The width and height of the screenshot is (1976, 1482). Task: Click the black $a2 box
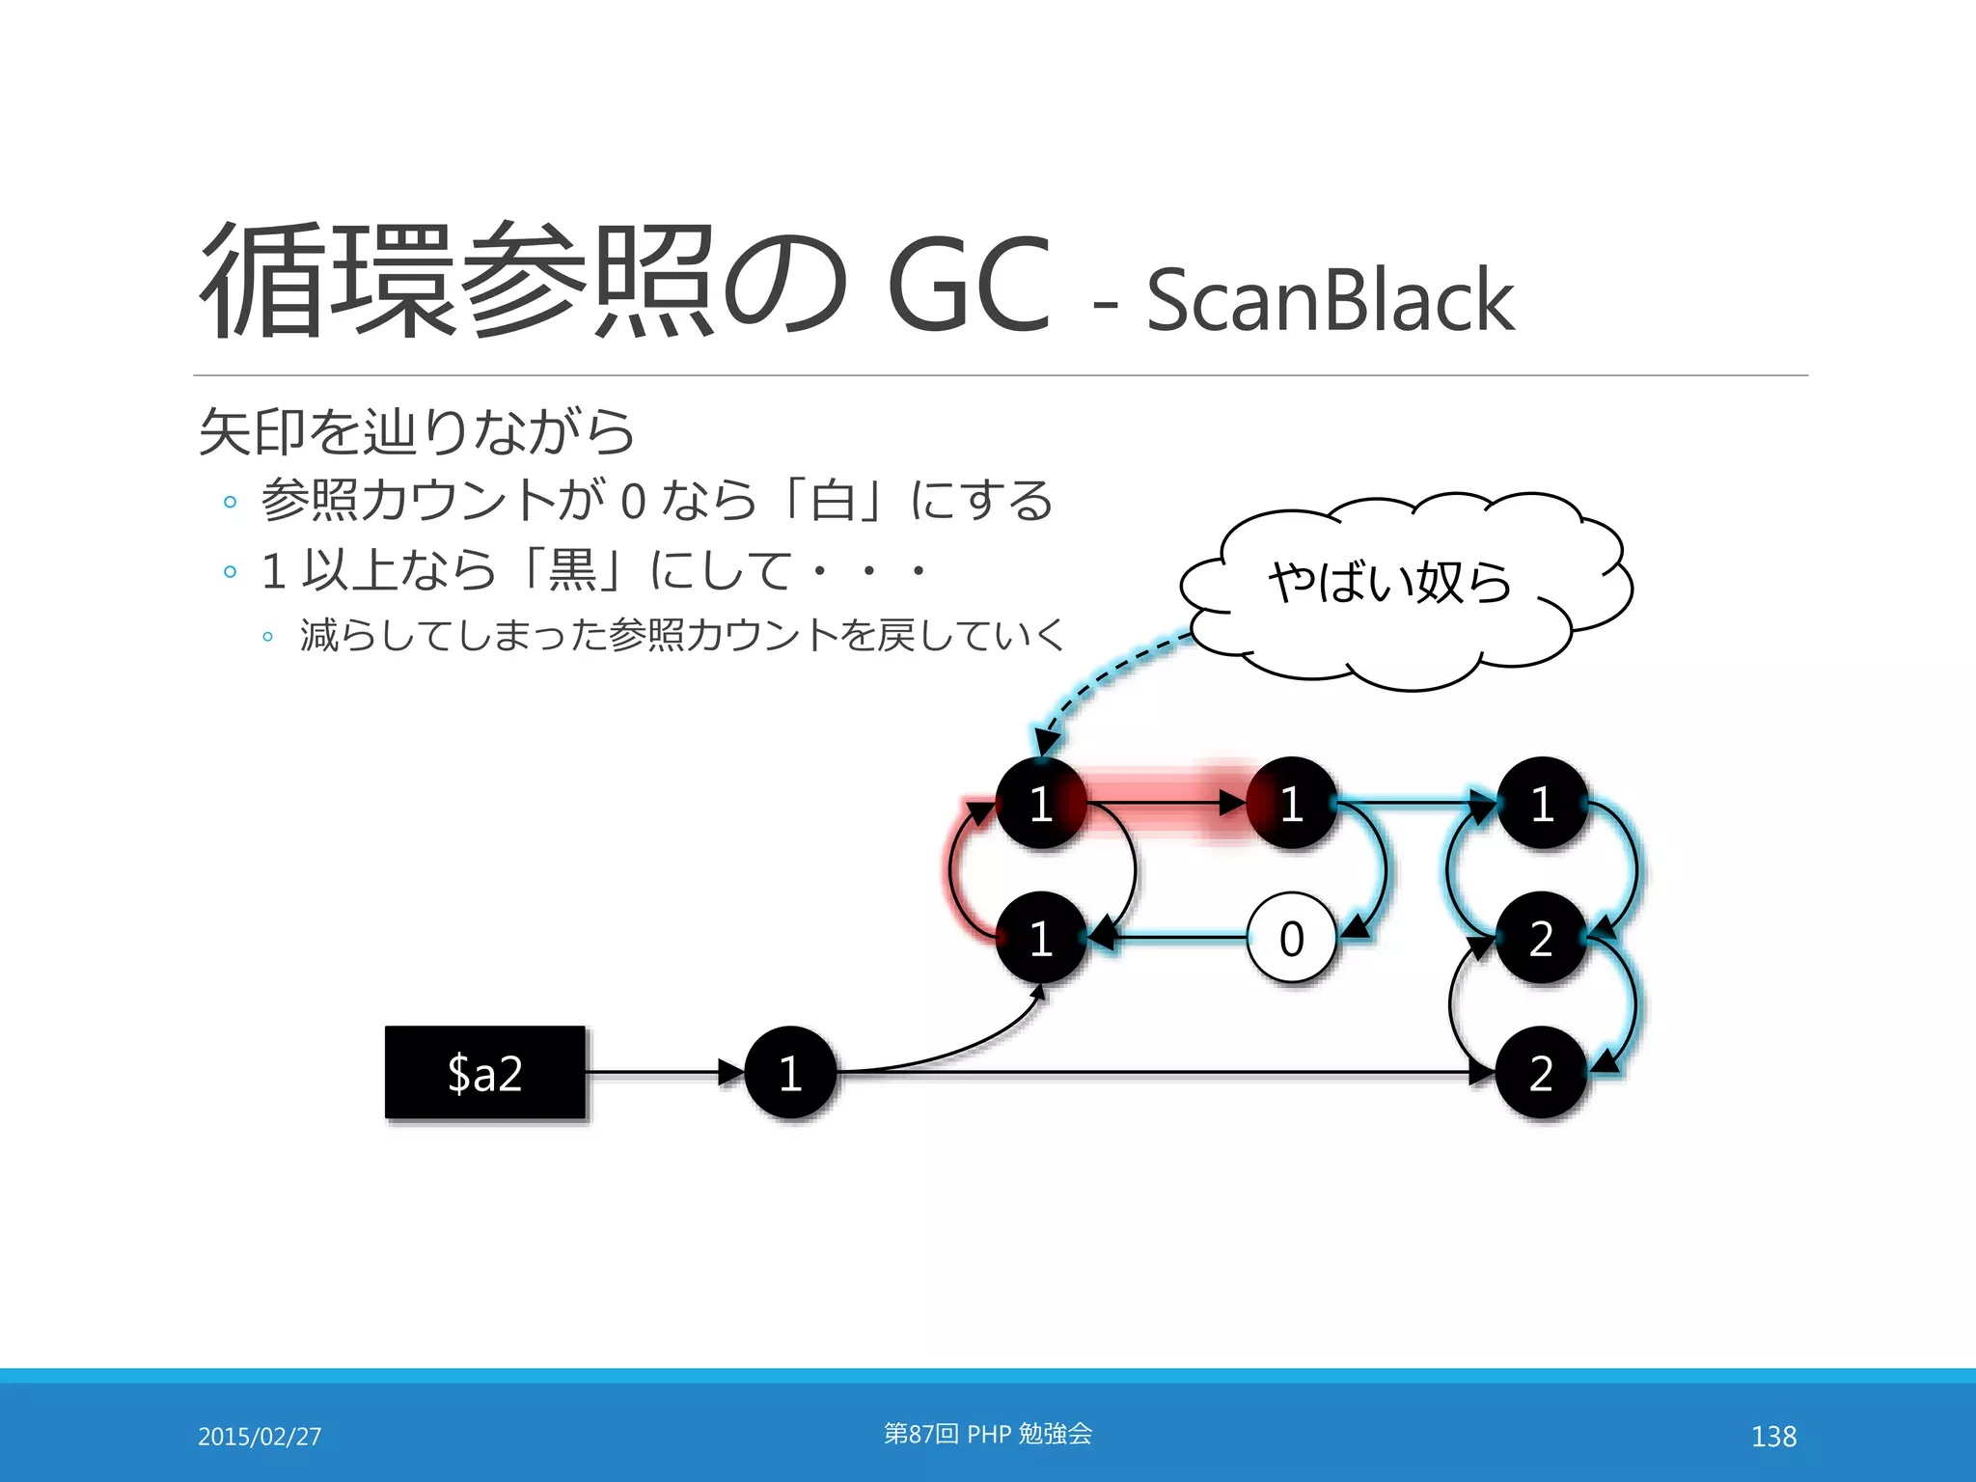484,1072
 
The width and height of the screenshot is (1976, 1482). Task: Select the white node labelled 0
1291,938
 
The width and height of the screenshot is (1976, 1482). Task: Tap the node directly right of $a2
790,1072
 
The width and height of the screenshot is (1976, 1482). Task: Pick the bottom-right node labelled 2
1541,1072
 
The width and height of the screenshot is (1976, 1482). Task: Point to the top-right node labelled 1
1542,803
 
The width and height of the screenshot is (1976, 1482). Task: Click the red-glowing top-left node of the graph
1040,803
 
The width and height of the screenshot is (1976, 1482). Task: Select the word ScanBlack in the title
1330,300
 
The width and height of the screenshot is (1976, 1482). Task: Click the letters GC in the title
968,285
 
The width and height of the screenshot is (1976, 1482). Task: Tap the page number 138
1773,1437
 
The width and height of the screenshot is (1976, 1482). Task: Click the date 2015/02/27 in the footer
260,1437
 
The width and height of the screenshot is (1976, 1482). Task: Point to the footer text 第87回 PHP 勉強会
988,1434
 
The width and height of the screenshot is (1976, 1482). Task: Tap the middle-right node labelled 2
1541,938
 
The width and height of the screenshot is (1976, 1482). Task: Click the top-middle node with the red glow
1291,803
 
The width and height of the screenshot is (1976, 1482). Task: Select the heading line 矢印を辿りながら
417,431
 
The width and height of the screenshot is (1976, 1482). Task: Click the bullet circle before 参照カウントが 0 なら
230,502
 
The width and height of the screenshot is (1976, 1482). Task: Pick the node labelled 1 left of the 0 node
1040,938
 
